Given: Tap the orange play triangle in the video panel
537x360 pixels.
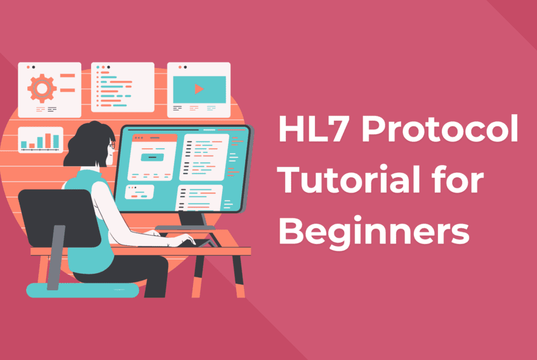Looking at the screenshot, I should coord(199,89).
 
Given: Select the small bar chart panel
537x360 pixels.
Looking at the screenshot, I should coord(41,140).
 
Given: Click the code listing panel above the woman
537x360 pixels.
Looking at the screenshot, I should coord(122,87).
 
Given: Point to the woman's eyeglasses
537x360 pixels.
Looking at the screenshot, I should coord(112,145).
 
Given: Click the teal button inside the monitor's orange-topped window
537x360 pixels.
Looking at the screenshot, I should coord(153,157).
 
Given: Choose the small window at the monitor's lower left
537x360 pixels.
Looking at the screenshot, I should coord(140,192).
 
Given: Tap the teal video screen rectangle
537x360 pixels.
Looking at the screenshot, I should coord(199,89).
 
